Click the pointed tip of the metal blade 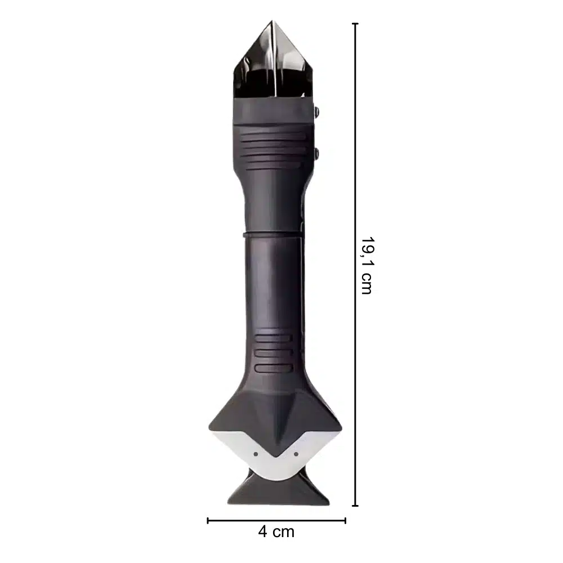pos(272,21)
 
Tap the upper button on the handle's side pos(316,112)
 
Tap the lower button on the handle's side pos(316,154)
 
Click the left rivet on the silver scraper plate pos(256,454)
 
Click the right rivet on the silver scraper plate pos(296,454)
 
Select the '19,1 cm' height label pos(367,265)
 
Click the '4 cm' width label pos(276,532)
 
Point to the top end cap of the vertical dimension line pos(355,24)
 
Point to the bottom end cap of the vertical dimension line pos(355,506)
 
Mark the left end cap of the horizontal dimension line pos(208,520)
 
